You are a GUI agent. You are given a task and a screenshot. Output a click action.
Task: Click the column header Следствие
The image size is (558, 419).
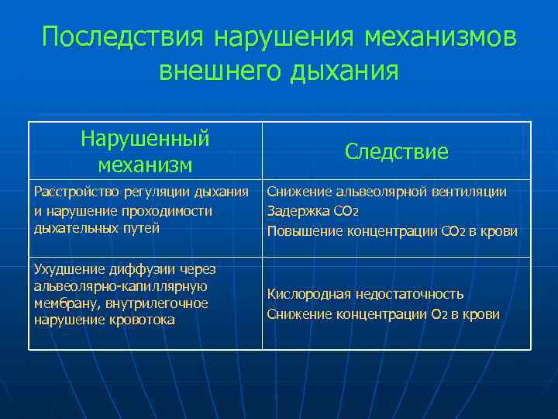(397, 151)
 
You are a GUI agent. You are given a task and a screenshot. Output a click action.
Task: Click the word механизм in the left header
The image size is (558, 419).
(146, 164)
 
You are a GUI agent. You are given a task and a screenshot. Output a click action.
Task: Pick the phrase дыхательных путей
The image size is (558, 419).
(97, 227)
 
